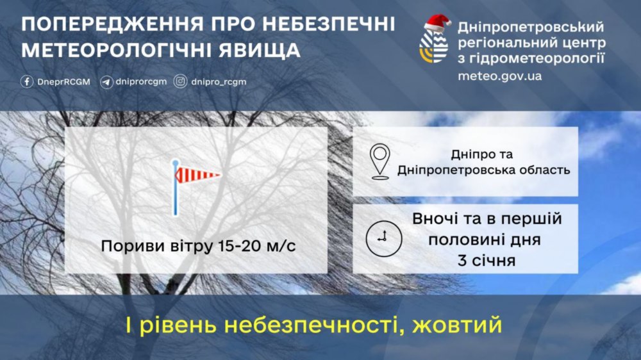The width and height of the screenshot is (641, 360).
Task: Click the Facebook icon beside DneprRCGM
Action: tap(27, 82)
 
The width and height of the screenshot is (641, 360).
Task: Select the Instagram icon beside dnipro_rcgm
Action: tap(181, 82)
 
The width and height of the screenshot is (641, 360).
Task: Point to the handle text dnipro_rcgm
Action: tap(219, 82)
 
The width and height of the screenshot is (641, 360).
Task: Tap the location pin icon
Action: tap(381, 161)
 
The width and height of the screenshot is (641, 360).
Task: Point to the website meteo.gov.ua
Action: tap(499, 76)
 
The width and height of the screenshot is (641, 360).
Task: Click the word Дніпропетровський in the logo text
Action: tap(531, 28)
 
